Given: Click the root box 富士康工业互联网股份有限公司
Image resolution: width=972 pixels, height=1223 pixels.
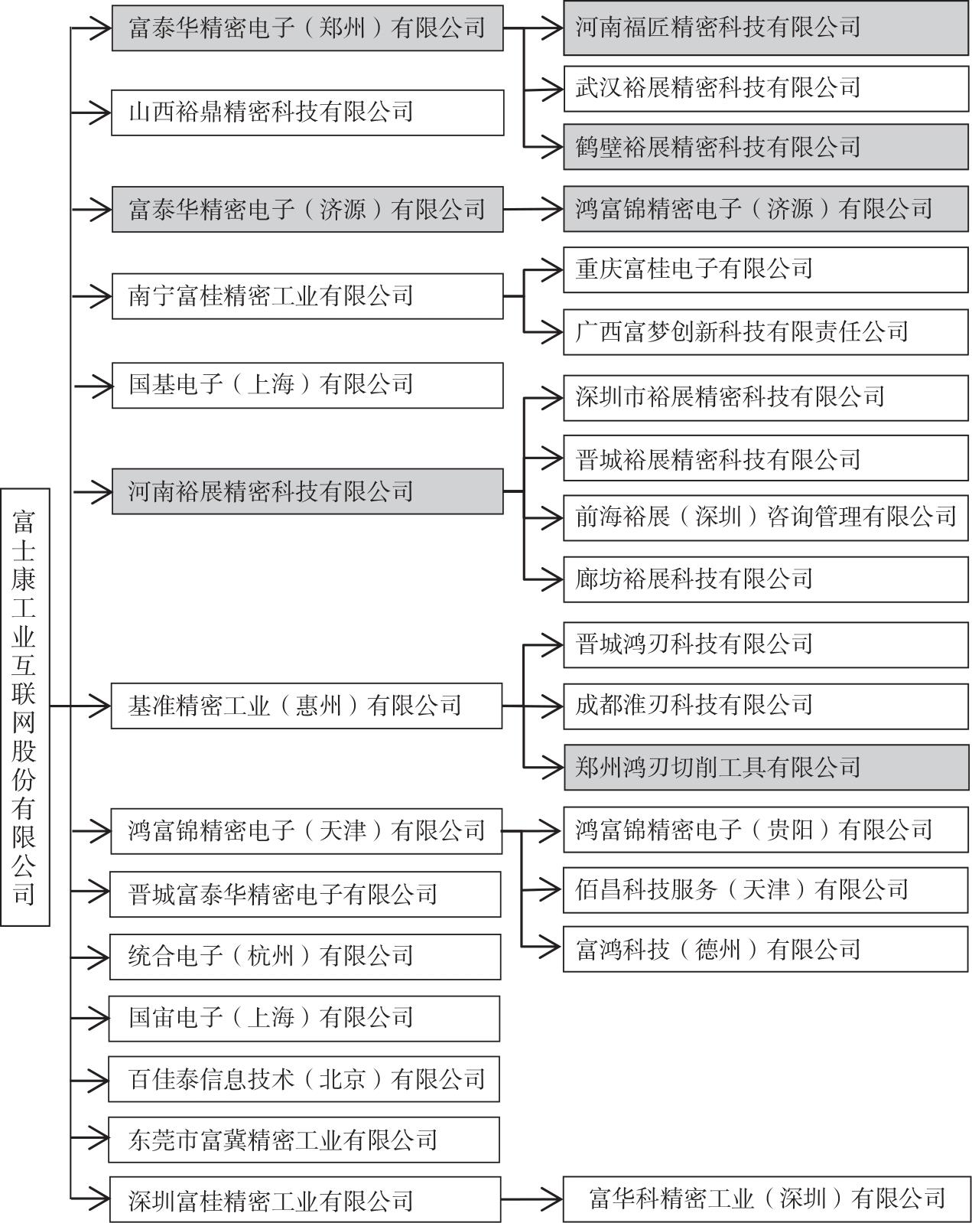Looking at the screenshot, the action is point(25,707).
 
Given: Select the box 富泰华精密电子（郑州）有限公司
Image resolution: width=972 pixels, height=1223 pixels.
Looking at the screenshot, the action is point(307,28).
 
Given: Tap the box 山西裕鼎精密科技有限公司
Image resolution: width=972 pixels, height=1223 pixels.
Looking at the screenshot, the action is point(307,113).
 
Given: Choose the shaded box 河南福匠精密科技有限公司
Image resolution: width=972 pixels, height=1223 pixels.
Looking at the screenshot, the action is point(766,28).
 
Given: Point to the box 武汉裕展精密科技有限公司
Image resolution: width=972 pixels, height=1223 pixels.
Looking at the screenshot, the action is point(766,89).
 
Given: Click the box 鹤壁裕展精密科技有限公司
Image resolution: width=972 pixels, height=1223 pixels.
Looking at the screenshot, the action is point(766,147).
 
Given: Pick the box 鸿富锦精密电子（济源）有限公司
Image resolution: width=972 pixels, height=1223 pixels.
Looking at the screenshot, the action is point(766,209).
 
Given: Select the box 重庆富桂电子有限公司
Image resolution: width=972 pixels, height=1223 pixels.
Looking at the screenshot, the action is point(766,269).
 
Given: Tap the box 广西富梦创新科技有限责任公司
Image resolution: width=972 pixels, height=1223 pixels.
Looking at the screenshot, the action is point(766,332).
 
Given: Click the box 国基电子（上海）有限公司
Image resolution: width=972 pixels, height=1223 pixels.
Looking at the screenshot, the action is point(307,385).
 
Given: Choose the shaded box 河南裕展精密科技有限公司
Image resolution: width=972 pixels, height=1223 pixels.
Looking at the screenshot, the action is point(307,491).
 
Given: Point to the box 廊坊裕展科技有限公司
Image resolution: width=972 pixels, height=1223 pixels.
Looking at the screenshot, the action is point(766,579).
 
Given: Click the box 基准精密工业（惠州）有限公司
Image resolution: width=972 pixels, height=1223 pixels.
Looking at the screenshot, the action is point(307,706).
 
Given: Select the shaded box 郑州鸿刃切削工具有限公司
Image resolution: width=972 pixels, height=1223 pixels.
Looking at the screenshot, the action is point(766,767).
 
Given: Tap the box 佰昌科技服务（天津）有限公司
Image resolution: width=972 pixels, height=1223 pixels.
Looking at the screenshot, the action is point(766,890).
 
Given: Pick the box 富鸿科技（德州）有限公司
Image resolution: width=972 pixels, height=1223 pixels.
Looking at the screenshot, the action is point(766,949).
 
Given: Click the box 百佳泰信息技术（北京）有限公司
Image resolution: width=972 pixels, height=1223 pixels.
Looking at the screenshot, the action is point(304,1079).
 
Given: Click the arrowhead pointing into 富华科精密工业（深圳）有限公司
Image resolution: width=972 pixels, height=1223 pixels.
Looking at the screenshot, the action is point(552,1200).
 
